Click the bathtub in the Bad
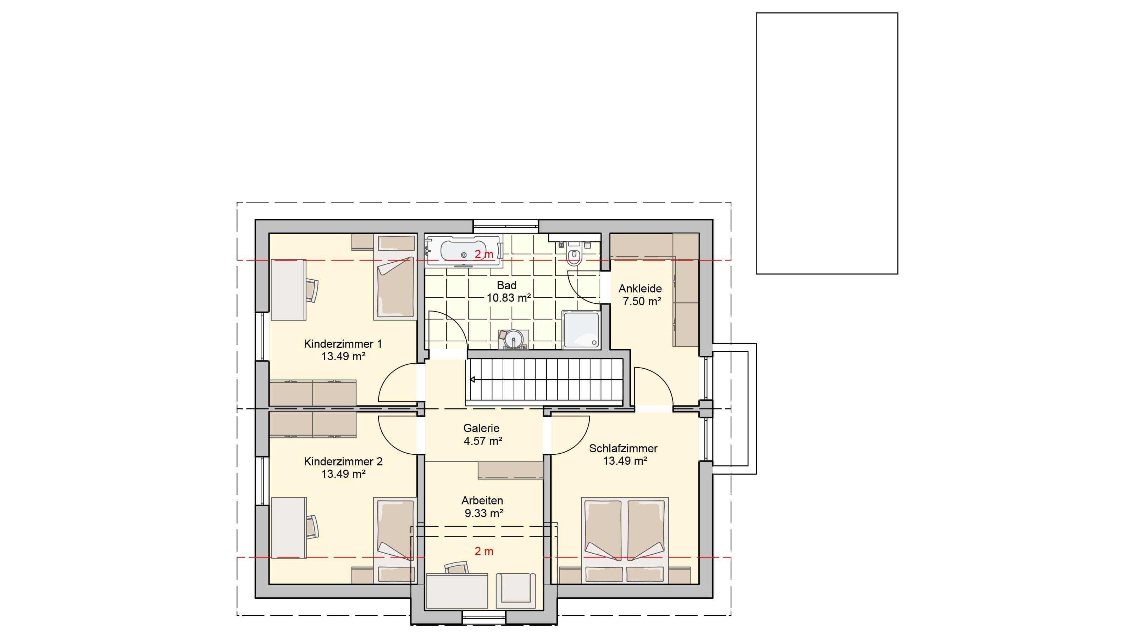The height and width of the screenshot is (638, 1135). click(x=464, y=251)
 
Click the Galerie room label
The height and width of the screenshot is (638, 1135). click(x=481, y=428)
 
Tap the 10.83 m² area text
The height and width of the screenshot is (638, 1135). click(x=509, y=298)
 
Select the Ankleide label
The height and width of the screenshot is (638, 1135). click(x=640, y=289)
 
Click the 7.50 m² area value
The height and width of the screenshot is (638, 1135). click(x=642, y=302)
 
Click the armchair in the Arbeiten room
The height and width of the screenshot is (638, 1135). click(x=515, y=589)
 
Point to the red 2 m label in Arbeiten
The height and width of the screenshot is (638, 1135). click(x=484, y=551)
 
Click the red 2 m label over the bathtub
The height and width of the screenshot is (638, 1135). click(x=484, y=254)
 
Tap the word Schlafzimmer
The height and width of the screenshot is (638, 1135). click(x=623, y=449)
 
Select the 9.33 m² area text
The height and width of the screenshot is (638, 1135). click(x=484, y=513)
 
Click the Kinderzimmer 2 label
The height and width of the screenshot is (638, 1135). click(x=343, y=462)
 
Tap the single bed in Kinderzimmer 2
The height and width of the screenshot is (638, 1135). click(x=395, y=540)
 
